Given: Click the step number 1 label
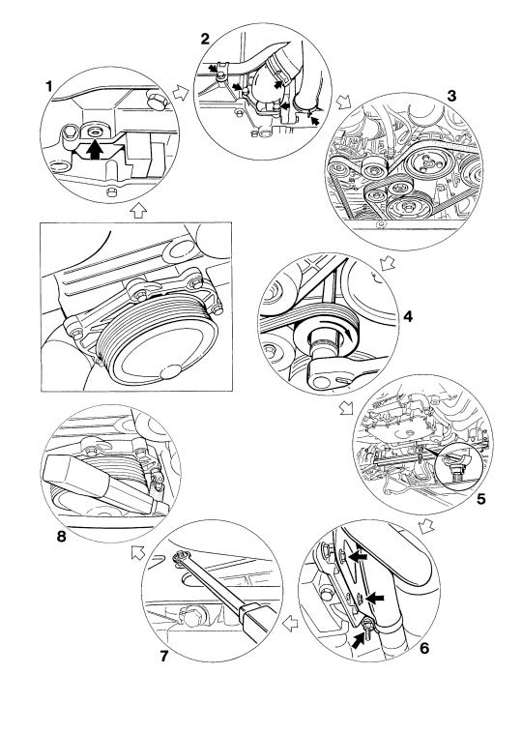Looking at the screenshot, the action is (48, 86).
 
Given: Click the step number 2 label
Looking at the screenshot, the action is (205, 39).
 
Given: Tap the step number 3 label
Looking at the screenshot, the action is (451, 96).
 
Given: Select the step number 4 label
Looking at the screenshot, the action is (408, 316).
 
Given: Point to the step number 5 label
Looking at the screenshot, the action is (480, 499).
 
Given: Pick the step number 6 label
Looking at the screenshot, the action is (424, 649).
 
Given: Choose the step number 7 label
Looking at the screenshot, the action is (163, 657).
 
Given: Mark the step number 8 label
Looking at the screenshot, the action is (61, 536).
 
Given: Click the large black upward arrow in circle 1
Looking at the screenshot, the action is (96, 150).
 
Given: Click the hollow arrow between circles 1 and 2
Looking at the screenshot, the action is (181, 93).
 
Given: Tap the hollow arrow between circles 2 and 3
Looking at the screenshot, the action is (344, 102).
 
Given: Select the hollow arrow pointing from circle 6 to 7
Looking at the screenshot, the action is (291, 623).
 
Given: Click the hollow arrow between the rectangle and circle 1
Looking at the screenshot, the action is (138, 211).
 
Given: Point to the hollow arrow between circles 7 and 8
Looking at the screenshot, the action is (138, 552).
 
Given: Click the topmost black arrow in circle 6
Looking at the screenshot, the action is (359, 556).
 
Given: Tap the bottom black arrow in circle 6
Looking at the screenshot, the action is (358, 640).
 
